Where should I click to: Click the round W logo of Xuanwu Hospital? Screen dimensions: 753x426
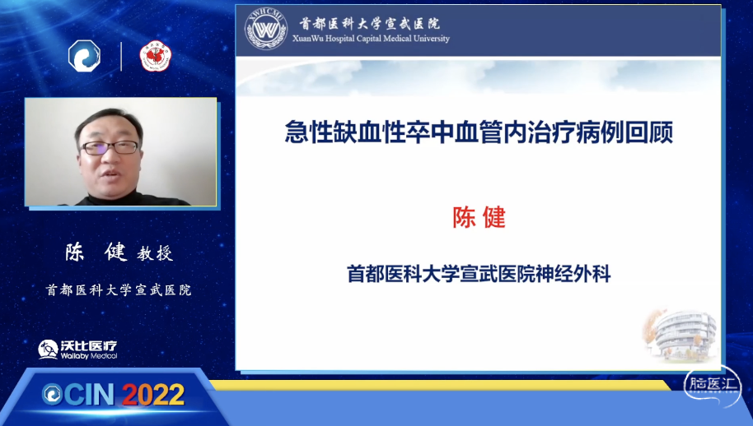(x=266, y=30)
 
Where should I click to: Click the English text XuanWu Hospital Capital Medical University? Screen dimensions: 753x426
(x=372, y=39)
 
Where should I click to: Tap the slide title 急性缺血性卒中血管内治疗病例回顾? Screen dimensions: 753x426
(x=479, y=132)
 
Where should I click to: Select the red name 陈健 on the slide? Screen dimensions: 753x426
(x=479, y=218)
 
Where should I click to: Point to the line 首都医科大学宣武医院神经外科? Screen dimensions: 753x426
(x=479, y=274)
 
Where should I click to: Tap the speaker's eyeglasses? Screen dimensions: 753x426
(x=110, y=147)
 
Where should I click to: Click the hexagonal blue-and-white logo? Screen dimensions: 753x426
(x=85, y=56)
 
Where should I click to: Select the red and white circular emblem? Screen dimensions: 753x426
(x=156, y=56)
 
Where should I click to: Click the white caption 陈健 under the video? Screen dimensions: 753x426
(x=96, y=252)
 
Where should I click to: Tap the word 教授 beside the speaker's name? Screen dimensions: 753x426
(x=155, y=253)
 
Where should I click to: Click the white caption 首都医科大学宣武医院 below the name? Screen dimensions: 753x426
(x=119, y=290)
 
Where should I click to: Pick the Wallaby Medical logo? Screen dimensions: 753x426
(x=77, y=350)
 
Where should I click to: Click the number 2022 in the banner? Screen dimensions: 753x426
(x=153, y=395)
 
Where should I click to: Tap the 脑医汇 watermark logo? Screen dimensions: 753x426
(x=713, y=385)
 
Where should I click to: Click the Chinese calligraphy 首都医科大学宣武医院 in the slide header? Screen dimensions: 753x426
(x=369, y=24)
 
